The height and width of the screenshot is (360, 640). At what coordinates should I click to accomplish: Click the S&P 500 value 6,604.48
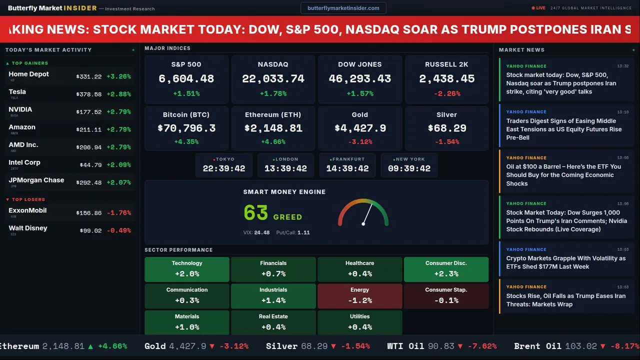[x=186, y=79]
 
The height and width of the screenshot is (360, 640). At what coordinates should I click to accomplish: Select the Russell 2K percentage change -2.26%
[x=446, y=93]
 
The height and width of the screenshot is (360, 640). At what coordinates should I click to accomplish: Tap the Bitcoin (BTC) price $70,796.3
[x=186, y=128]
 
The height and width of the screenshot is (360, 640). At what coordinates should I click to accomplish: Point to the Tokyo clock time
[x=224, y=168]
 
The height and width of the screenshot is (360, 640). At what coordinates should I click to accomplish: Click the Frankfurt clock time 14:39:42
[x=347, y=168]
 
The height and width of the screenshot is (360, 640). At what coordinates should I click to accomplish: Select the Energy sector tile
[x=359, y=296]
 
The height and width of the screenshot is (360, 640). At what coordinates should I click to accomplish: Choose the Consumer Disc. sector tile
[x=446, y=269]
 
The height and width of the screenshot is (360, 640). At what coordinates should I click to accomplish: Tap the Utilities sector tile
[x=359, y=322]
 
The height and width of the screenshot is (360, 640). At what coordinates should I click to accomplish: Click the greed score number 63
[x=256, y=213]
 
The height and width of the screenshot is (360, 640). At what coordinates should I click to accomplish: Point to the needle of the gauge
[x=367, y=213]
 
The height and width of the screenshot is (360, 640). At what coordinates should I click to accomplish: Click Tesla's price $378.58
[x=89, y=94]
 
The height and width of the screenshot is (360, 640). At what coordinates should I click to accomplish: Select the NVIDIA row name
[x=20, y=109]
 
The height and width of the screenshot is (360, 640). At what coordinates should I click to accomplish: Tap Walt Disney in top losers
[x=28, y=228]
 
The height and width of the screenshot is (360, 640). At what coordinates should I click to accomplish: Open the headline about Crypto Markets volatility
[x=565, y=262]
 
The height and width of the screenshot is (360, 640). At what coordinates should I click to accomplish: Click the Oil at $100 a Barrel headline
[x=563, y=175]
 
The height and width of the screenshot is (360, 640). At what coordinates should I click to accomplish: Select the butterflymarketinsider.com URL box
[x=343, y=8]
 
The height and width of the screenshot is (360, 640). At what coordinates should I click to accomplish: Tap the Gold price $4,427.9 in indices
[x=360, y=128]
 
